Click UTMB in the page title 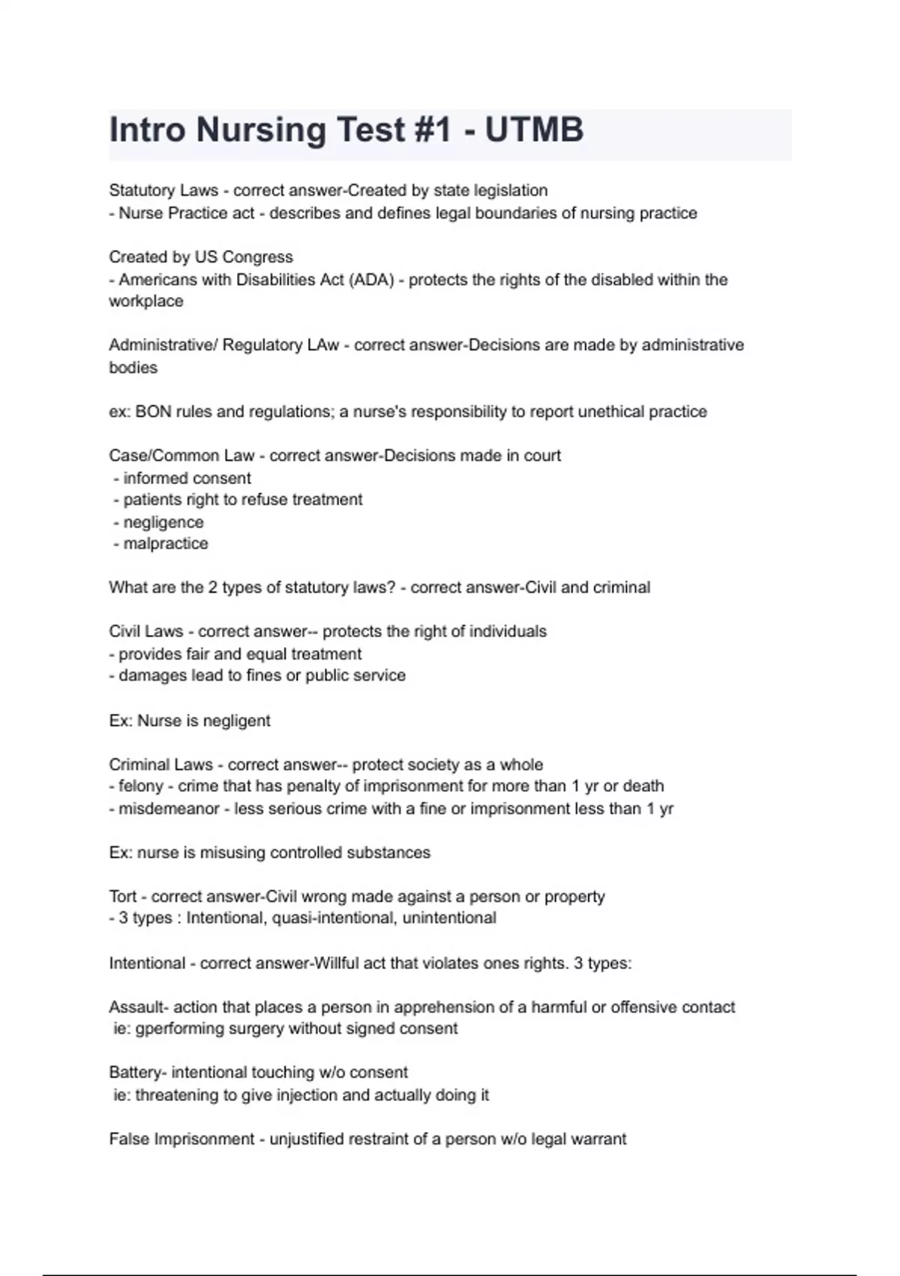click(534, 130)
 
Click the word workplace click(146, 301)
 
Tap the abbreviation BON click(153, 411)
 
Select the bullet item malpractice click(166, 543)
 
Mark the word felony click(141, 786)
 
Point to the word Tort click(123, 896)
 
